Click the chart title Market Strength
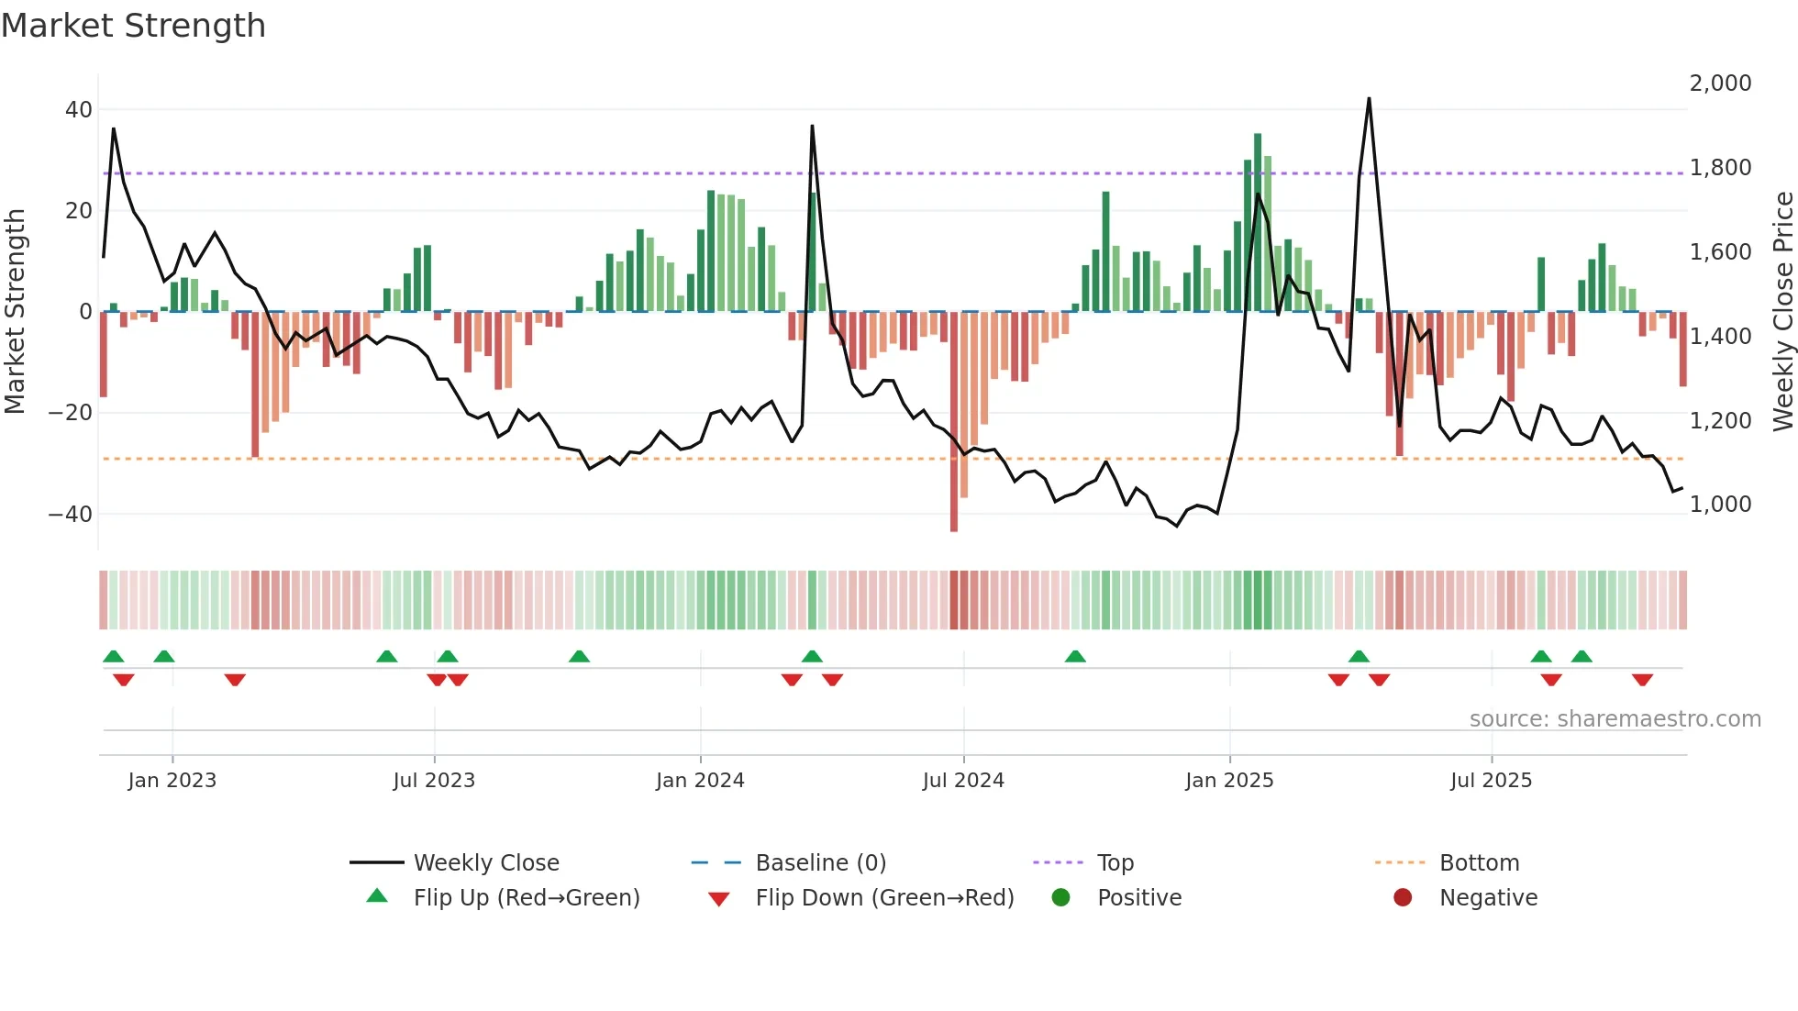pyautogui.click(x=133, y=26)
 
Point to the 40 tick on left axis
pyautogui.click(x=78, y=110)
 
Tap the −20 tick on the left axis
pyautogui.click(x=71, y=413)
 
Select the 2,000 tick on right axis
pyautogui.click(x=1720, y=83)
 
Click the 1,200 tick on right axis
pyautogui.click(x=1720, y=421)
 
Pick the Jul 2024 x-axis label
pyautogui.click(x=963, y=781)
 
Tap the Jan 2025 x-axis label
pyautogui.click(x=1229, y=781)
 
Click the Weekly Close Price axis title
pyautogui.click(x=1782, y=312)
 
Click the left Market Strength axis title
pyautogui.click(x=15, y=312)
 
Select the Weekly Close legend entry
pyautogui.click(x=485, y=863)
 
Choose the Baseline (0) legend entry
pyautogui.click(x=820, y=863)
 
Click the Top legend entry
pyautogui.click(x=1115, y=863)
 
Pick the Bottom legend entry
pyautogui.click(x=1479, y=863)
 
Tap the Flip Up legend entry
pyautogui.click(x=526, y=898)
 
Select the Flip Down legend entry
pyautogui.click(x=884, y=898)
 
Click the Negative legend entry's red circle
pyautogui.click(x=1403, y=898)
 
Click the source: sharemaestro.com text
pyautogui.click(x=1615, y=719)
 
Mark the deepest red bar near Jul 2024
pyautogui.click(x=954, y=422)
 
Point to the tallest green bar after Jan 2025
pyautogui.click(x=1258, y=222)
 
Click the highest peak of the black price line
pyautogui.click(x=1369, y=99)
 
